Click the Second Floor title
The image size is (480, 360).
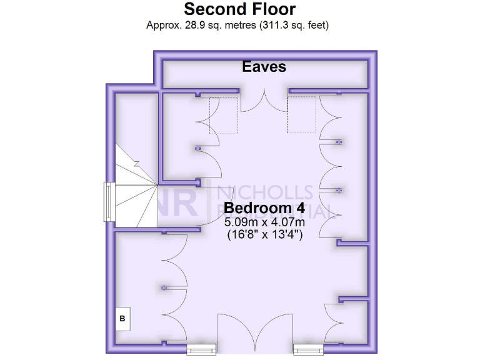point(240,9)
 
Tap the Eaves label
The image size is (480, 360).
point(264,66)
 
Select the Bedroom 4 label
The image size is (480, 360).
point(265,207)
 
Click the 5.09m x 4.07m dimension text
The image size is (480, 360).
point(265,222)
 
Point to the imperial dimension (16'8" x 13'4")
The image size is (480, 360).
point(265,235)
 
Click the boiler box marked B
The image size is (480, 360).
point(122,318)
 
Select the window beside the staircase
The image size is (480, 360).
point(109,202)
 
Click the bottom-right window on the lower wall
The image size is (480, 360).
point(309,348)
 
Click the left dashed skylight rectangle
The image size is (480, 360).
point(224,115)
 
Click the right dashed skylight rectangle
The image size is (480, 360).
point(302,115)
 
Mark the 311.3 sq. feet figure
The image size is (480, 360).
point(287,26)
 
